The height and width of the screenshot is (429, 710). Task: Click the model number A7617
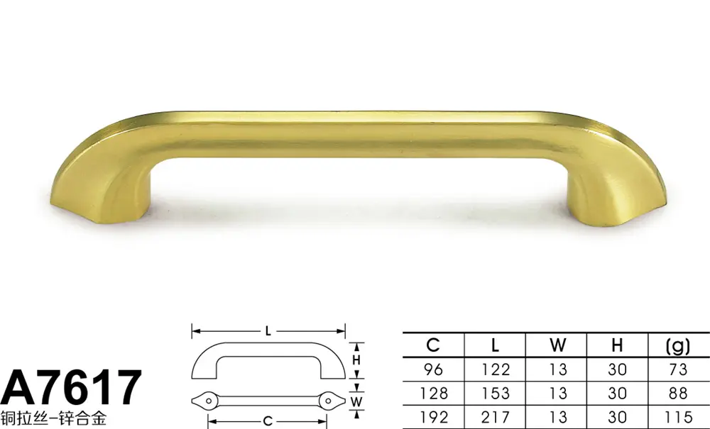tap(72, 387)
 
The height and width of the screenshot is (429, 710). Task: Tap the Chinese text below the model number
tap(54, 418)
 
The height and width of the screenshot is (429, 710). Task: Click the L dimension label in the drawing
tap(268, 331)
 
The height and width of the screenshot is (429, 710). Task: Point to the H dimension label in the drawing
tap(356, 360)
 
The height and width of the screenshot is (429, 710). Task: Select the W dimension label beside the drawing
tap(356, 401)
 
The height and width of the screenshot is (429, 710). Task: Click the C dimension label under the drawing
tap(268, 422)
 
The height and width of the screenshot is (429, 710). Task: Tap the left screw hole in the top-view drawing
tap(209, 401)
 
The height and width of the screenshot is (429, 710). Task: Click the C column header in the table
tap(433, 345)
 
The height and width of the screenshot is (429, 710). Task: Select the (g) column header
tap(678, 346)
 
